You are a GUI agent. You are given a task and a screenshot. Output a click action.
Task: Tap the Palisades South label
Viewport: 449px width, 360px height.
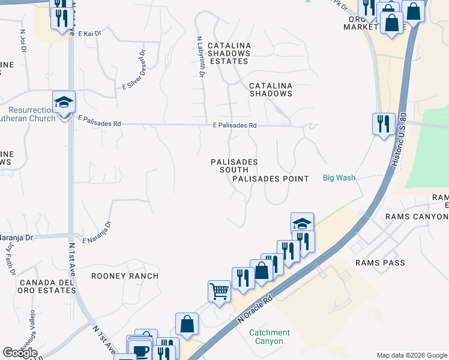(234, 166)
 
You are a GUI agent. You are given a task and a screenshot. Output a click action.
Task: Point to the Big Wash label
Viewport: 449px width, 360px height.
(339, 178)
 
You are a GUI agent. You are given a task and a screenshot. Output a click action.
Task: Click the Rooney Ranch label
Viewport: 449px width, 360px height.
(125, 276)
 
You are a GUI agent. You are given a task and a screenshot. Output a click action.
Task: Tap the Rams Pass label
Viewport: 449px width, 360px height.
(380, 263)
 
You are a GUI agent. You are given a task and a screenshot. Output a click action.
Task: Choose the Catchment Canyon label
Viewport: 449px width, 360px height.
(270, 337)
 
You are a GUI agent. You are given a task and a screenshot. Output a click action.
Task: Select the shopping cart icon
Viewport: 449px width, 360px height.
(219, 292)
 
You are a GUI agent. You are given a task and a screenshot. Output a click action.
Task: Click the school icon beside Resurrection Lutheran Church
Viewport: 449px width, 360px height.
(64, 102)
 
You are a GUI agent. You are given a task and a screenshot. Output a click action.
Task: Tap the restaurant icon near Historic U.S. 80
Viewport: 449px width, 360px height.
(384, 124)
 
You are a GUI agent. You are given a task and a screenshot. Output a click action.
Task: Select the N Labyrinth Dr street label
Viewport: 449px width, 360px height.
(200, 56)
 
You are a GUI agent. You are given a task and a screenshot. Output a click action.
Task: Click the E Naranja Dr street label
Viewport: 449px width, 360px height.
(97, 233)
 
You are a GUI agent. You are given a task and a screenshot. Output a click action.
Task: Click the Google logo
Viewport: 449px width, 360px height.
(20, 353)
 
